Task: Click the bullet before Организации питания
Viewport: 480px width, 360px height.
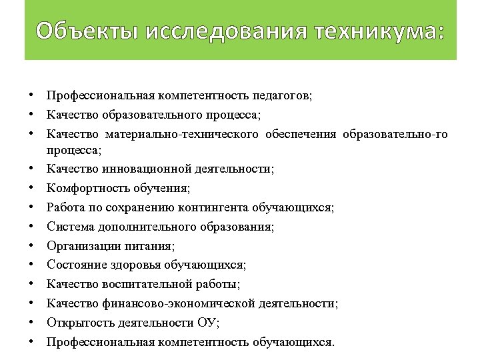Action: [x=32, y=246]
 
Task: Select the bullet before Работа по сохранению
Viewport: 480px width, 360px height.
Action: [x=32, y=207]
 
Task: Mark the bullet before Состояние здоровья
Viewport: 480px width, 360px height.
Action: [x=32, y=265]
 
